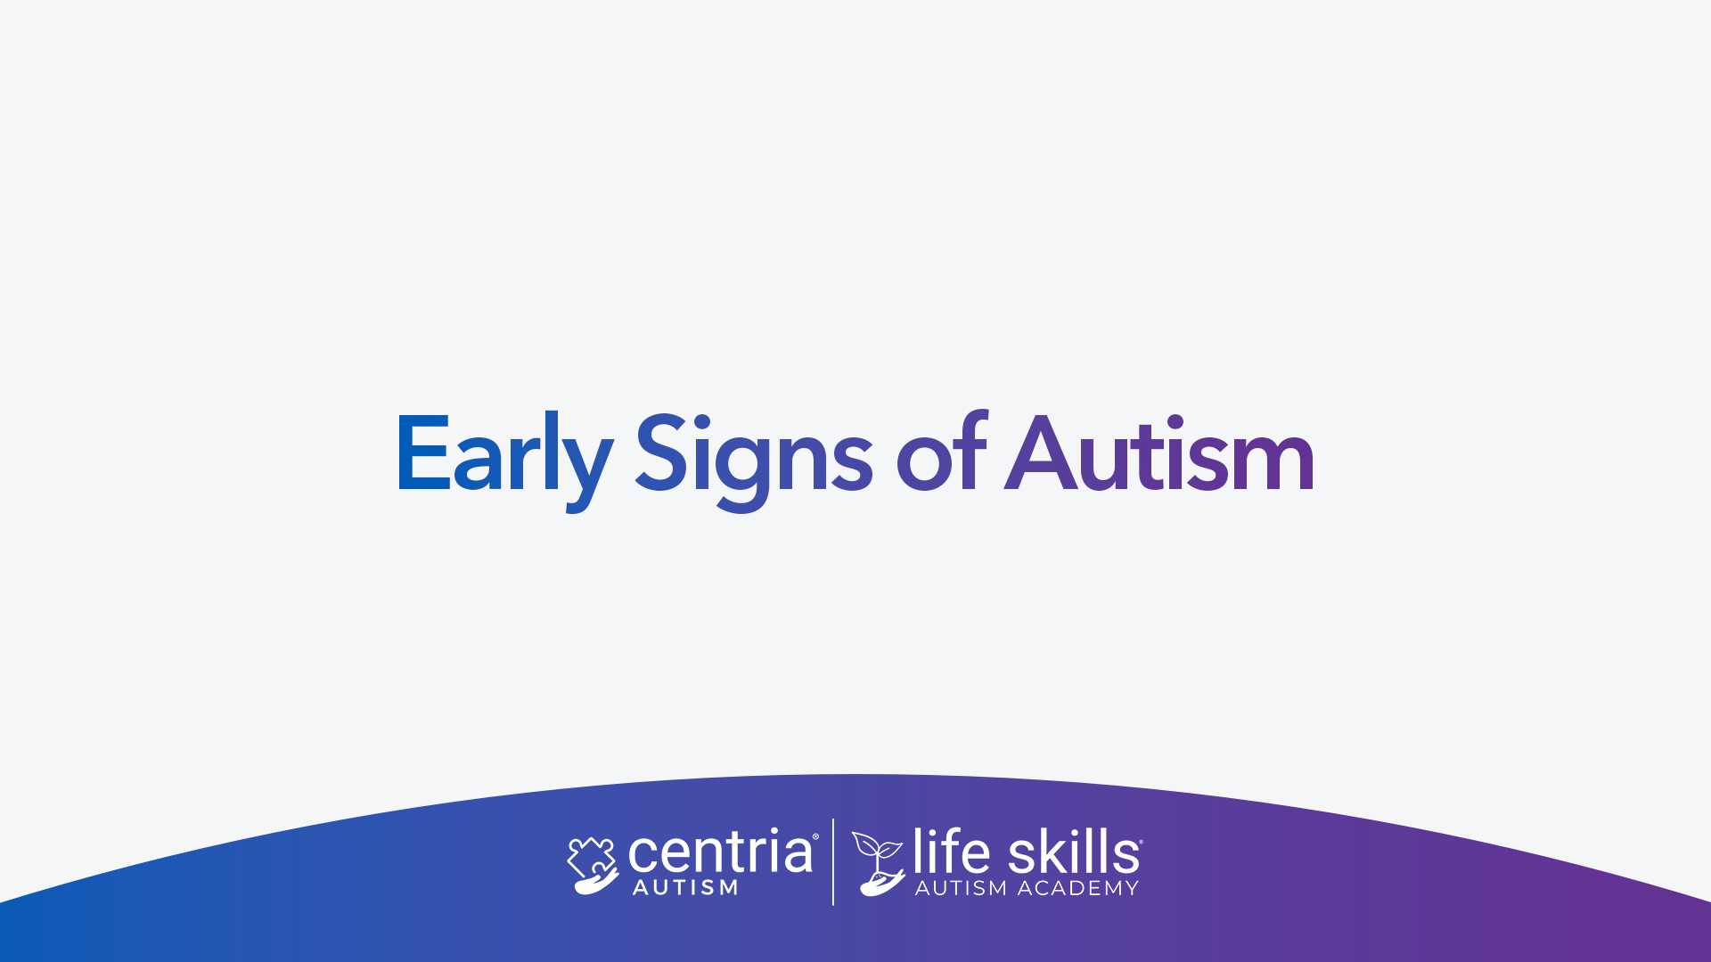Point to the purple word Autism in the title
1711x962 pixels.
tap(1159, 453)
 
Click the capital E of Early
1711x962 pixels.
tap(423, 452)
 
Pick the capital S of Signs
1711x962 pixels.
tap(660, 452)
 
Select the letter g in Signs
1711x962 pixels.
tap(741, 473)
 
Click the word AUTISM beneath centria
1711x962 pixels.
tap(685, 888)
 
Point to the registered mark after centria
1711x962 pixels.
tap(815, 836)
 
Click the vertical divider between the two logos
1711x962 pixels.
tap(833, 862)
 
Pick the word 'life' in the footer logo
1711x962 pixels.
tap(951, 851)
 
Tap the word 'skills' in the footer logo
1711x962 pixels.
tap(1073, 851)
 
